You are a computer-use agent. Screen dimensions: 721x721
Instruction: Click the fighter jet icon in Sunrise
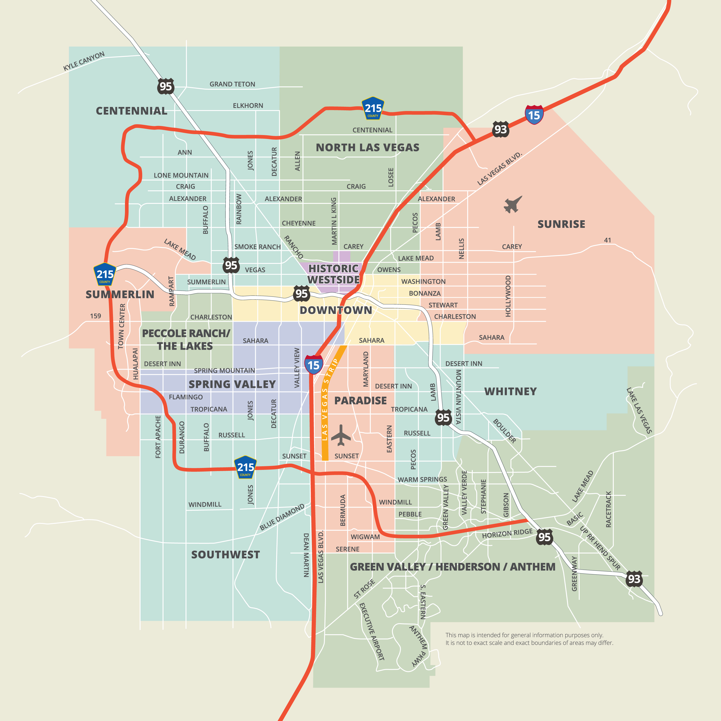coord(513,205)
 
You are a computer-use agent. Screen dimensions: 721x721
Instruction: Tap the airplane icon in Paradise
coord(340,435)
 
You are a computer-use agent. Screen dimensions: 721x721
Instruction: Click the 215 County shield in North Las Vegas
coord(373,109)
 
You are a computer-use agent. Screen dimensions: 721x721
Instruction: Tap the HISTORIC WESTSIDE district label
coord(333,274)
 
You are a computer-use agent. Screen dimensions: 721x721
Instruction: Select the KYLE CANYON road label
coord(84,61)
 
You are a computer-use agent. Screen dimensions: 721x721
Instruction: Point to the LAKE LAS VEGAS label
coord(639,410)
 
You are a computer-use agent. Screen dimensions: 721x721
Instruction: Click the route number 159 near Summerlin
coord(96,316)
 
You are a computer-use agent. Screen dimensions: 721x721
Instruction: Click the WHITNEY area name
coord(510,392)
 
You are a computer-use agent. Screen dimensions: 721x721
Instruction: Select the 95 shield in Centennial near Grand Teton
coord(165,87)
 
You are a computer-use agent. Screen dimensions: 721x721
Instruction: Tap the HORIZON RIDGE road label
coord(507,534)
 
